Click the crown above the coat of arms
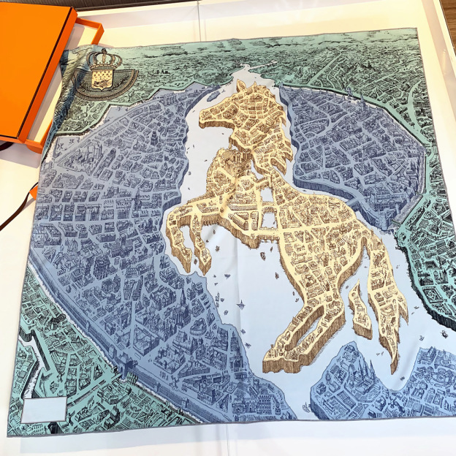[102, 59]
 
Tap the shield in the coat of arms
[102, 79]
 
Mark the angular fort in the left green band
[37, 343]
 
